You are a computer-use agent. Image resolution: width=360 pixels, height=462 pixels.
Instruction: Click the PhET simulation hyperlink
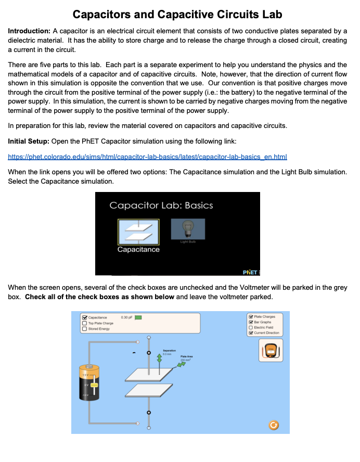tap(148, 157)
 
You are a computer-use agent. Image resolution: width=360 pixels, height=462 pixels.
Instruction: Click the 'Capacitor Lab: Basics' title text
tap(161, 205)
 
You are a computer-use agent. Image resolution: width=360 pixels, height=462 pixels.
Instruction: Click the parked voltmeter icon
tap(270, 351)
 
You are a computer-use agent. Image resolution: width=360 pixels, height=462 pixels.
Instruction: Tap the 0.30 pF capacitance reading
tap(125, 317)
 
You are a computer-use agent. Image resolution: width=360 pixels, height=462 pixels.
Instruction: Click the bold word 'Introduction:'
tap(29, 31)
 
